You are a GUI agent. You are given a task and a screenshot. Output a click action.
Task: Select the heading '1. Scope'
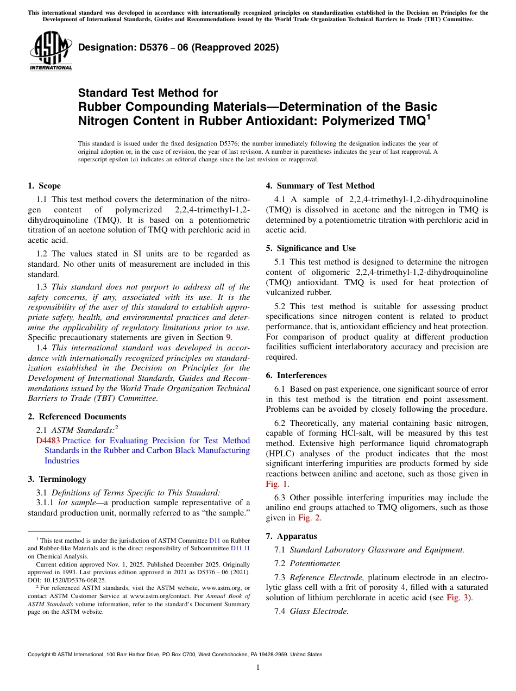coord(44,186)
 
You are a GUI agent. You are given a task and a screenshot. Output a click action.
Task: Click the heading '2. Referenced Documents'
coord(77,417)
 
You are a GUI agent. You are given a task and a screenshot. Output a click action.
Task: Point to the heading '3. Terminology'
coord(57,479)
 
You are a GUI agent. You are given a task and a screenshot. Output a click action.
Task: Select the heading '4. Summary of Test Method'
coord(320,186)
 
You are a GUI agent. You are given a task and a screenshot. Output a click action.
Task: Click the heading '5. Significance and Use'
coord(311,248)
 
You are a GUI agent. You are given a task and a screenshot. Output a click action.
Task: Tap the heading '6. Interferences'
coord(296,375)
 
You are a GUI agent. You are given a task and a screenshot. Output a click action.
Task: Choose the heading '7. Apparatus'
coord(291,536)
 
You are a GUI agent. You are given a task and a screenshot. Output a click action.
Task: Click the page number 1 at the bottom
coord(258,668)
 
